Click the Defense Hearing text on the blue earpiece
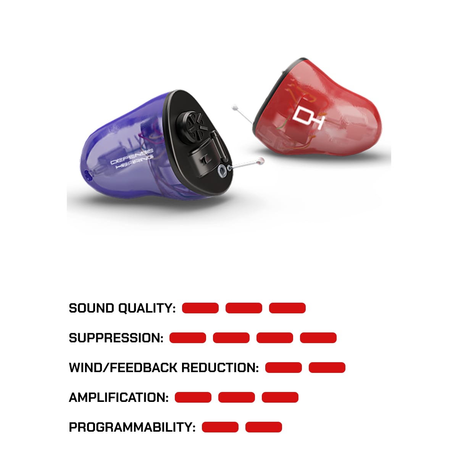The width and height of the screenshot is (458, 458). click(132, 161)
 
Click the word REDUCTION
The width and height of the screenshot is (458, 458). click(220, 368)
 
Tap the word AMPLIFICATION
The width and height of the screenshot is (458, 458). click(119, 397)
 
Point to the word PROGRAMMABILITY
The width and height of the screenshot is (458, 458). click(132, 427)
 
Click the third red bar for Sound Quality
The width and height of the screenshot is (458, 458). click(287, 308)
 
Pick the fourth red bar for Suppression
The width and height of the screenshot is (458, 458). click(318, 338)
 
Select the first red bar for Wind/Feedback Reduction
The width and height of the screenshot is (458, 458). click(284, 368)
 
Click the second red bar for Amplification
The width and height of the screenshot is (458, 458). click(237, 397)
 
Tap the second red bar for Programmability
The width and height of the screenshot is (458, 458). click(264, 427)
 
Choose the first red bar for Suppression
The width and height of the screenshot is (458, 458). click(188, 338)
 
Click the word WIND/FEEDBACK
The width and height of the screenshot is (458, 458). click(123, 368)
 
